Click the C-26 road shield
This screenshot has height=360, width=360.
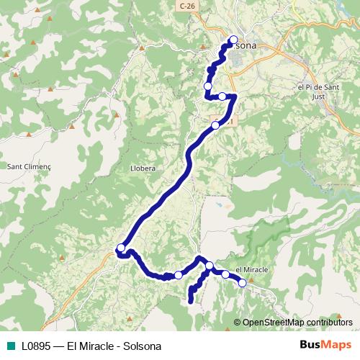pyautogui.click(x=188, y=5)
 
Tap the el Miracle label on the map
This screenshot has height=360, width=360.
pyautogui.click(x=252, y=269)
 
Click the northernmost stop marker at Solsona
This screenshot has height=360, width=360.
pyautogui.click(x=233, y=40)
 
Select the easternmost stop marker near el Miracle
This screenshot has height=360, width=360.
pyautogui.click(x=242, y=283)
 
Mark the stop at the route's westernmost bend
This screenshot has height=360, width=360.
pyautogui.click(x=121, y=248)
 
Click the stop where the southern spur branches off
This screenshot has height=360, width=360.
pyautogui.click(x=209, y=266)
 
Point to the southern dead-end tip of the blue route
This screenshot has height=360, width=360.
pyautogui.click(x=191, y=302)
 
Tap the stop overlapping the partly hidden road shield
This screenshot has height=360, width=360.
pyautogui.click(x=215, y=125)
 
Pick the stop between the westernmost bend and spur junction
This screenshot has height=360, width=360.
pyautogui.click(x=179, y=274)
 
